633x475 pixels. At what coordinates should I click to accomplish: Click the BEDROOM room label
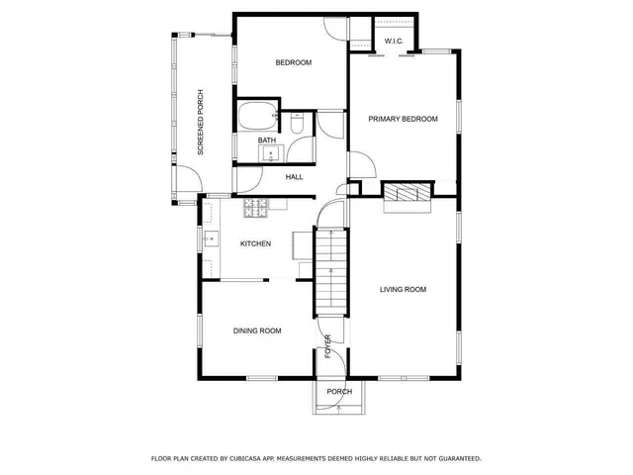(x=293, y=62)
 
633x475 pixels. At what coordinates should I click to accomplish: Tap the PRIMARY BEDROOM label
(x=403, y=119)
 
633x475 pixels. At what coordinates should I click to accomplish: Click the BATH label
(x=267, y=141)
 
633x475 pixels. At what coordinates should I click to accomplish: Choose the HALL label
(x=294, y=177)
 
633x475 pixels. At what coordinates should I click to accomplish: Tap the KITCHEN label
(x=255, y=243)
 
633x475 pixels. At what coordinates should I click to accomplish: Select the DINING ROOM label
(x=257, y=331)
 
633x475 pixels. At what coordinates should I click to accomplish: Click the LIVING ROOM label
(x=403, y=289)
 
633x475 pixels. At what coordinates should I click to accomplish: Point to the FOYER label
(x=328, y=345)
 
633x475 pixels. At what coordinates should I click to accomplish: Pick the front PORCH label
(x=339, y=391)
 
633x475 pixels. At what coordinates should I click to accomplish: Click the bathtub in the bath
(x=259, y=117)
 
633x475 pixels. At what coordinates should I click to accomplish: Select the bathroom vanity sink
(x=277, y=152)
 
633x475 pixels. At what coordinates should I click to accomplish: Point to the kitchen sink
(x=211, y=238)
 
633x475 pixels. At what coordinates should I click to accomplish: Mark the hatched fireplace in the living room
(x=407, y=193)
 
